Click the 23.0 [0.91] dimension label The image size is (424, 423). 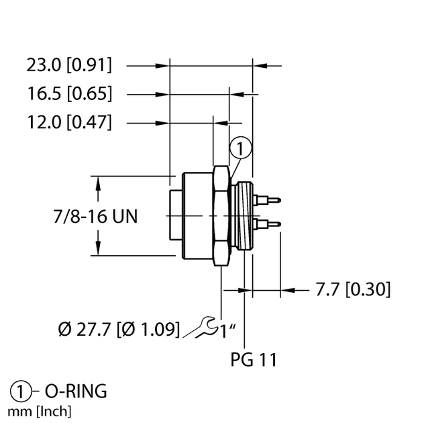pyautogui.click(x=69, y=65)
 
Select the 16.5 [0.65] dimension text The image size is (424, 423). pyautogui.click(x=69, y=93)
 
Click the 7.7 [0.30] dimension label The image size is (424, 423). pyautogui.click(x=353, y=289)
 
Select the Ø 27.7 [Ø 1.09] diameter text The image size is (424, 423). pyautogui.click(x=119, y=329)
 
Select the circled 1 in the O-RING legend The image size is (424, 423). pyautogui.click(x=21, y=391)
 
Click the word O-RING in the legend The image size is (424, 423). pyautogui.click(x=76, y=391)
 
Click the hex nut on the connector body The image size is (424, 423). pyautogui.click(x=221, y=215)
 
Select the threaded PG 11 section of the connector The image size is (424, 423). pyautogui.click(x=245, y=215)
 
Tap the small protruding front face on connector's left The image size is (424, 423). pyautogui.click(x=172, y=215)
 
